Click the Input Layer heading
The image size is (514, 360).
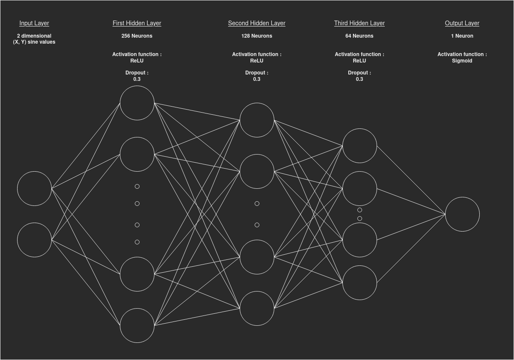tap(34, 23)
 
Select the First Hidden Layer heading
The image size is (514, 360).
tap(137, 23)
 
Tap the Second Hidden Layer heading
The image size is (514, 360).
tap(257, 23)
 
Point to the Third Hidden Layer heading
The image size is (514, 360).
tap(360, 23)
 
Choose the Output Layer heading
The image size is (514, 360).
tap(462, 23)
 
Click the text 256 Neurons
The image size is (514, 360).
tap(137, 36)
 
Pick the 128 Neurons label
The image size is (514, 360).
tap(257, 36)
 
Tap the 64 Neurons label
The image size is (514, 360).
tap(360, 36)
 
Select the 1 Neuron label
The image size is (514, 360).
tap(462, 36)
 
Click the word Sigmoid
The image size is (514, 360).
tap(462, 61)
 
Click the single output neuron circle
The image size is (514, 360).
tap(462, 214)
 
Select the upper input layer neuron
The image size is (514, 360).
tap(34, 188)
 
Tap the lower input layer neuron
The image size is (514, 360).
tap(34, 240)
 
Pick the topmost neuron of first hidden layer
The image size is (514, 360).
tap(137, 103)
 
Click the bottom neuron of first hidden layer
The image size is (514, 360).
tap(137, 325)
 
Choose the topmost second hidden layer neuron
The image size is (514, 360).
tap(257, 120)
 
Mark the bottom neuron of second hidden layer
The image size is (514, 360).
tap(257, 308)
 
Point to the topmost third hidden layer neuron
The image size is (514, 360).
tap(360, 146)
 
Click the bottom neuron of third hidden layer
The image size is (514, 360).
tap(360, 283)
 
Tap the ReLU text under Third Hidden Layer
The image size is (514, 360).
tap(360, 61)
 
